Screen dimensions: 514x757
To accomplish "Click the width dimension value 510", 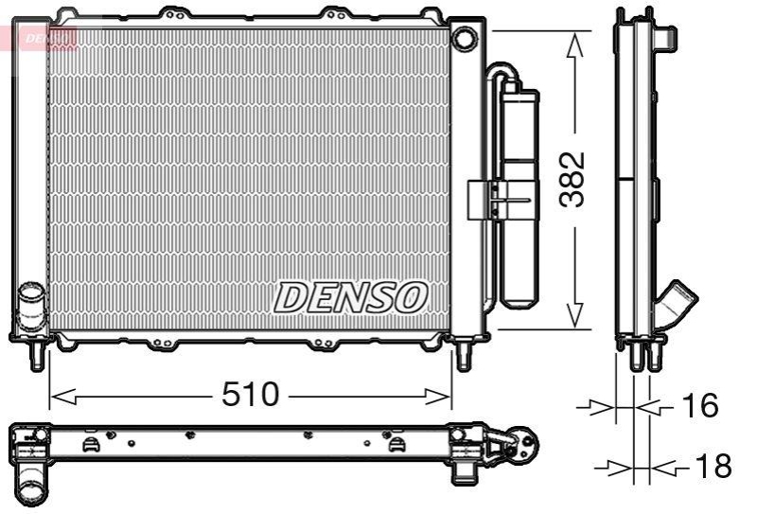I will click(251, 395).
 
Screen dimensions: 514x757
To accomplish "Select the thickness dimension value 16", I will click(699, 406).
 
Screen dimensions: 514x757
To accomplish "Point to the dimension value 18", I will click(713, 466).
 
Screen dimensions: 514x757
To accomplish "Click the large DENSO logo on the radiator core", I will click(350, 297).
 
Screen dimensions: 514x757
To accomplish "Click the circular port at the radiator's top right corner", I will click(465, 39).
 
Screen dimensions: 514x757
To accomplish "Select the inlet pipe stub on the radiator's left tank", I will click(32, 305).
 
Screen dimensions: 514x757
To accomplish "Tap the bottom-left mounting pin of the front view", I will click(37, 357).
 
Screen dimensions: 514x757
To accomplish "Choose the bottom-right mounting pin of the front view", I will click(464, 357).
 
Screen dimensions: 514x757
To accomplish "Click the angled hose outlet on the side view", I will click(678, 305).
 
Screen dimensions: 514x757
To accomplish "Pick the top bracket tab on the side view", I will click(666, 38).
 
